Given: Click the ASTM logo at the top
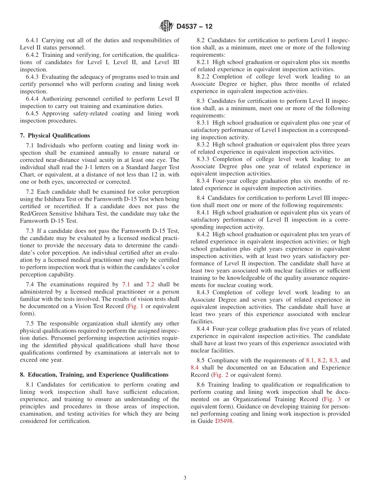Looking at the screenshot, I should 166,26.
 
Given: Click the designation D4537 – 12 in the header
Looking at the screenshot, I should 194,26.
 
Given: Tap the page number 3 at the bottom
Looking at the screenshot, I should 185,478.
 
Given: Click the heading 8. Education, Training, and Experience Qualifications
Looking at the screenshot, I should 94,375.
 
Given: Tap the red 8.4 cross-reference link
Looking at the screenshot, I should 195,367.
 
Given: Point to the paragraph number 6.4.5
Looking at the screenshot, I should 34,114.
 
